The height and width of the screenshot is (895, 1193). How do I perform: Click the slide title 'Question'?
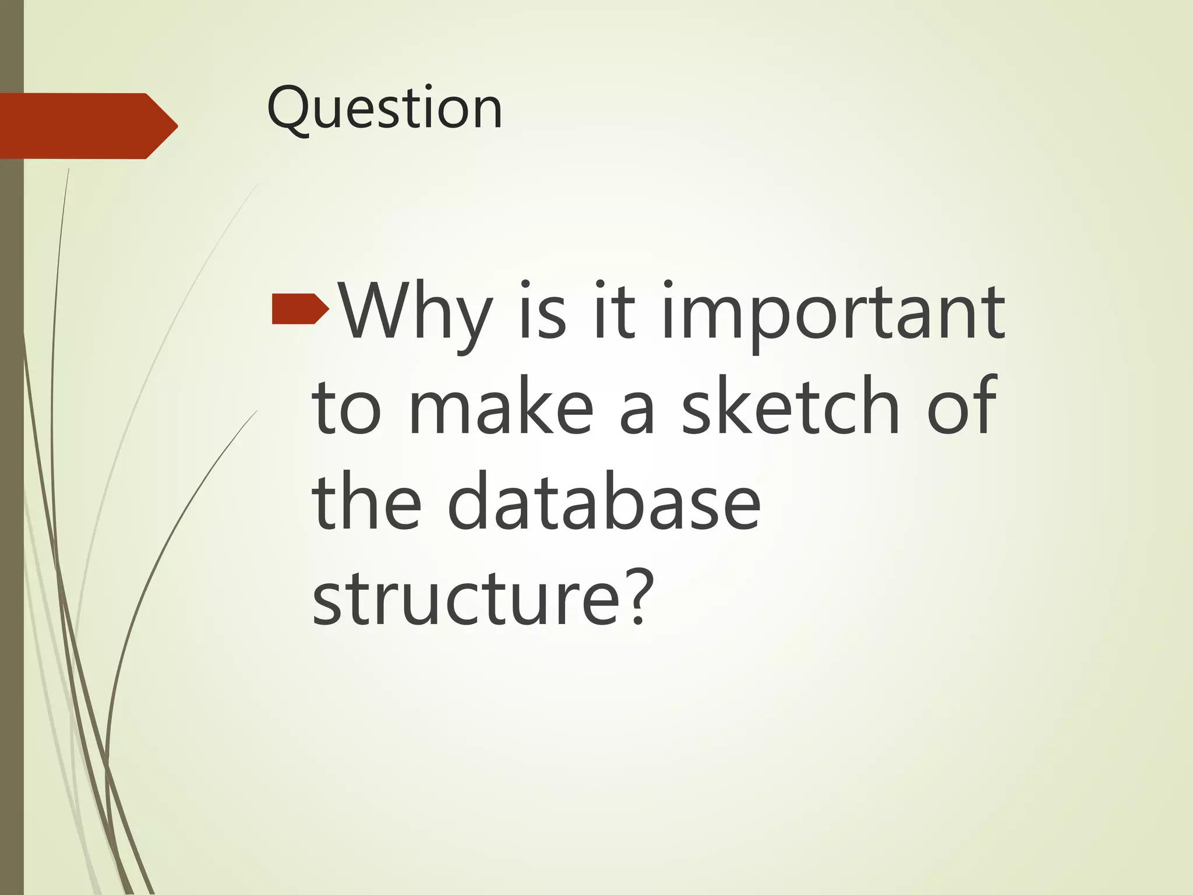(384, 109)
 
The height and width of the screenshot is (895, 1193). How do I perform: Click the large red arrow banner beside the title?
(87, 126)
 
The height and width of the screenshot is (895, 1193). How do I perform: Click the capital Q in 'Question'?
(290, 109)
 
